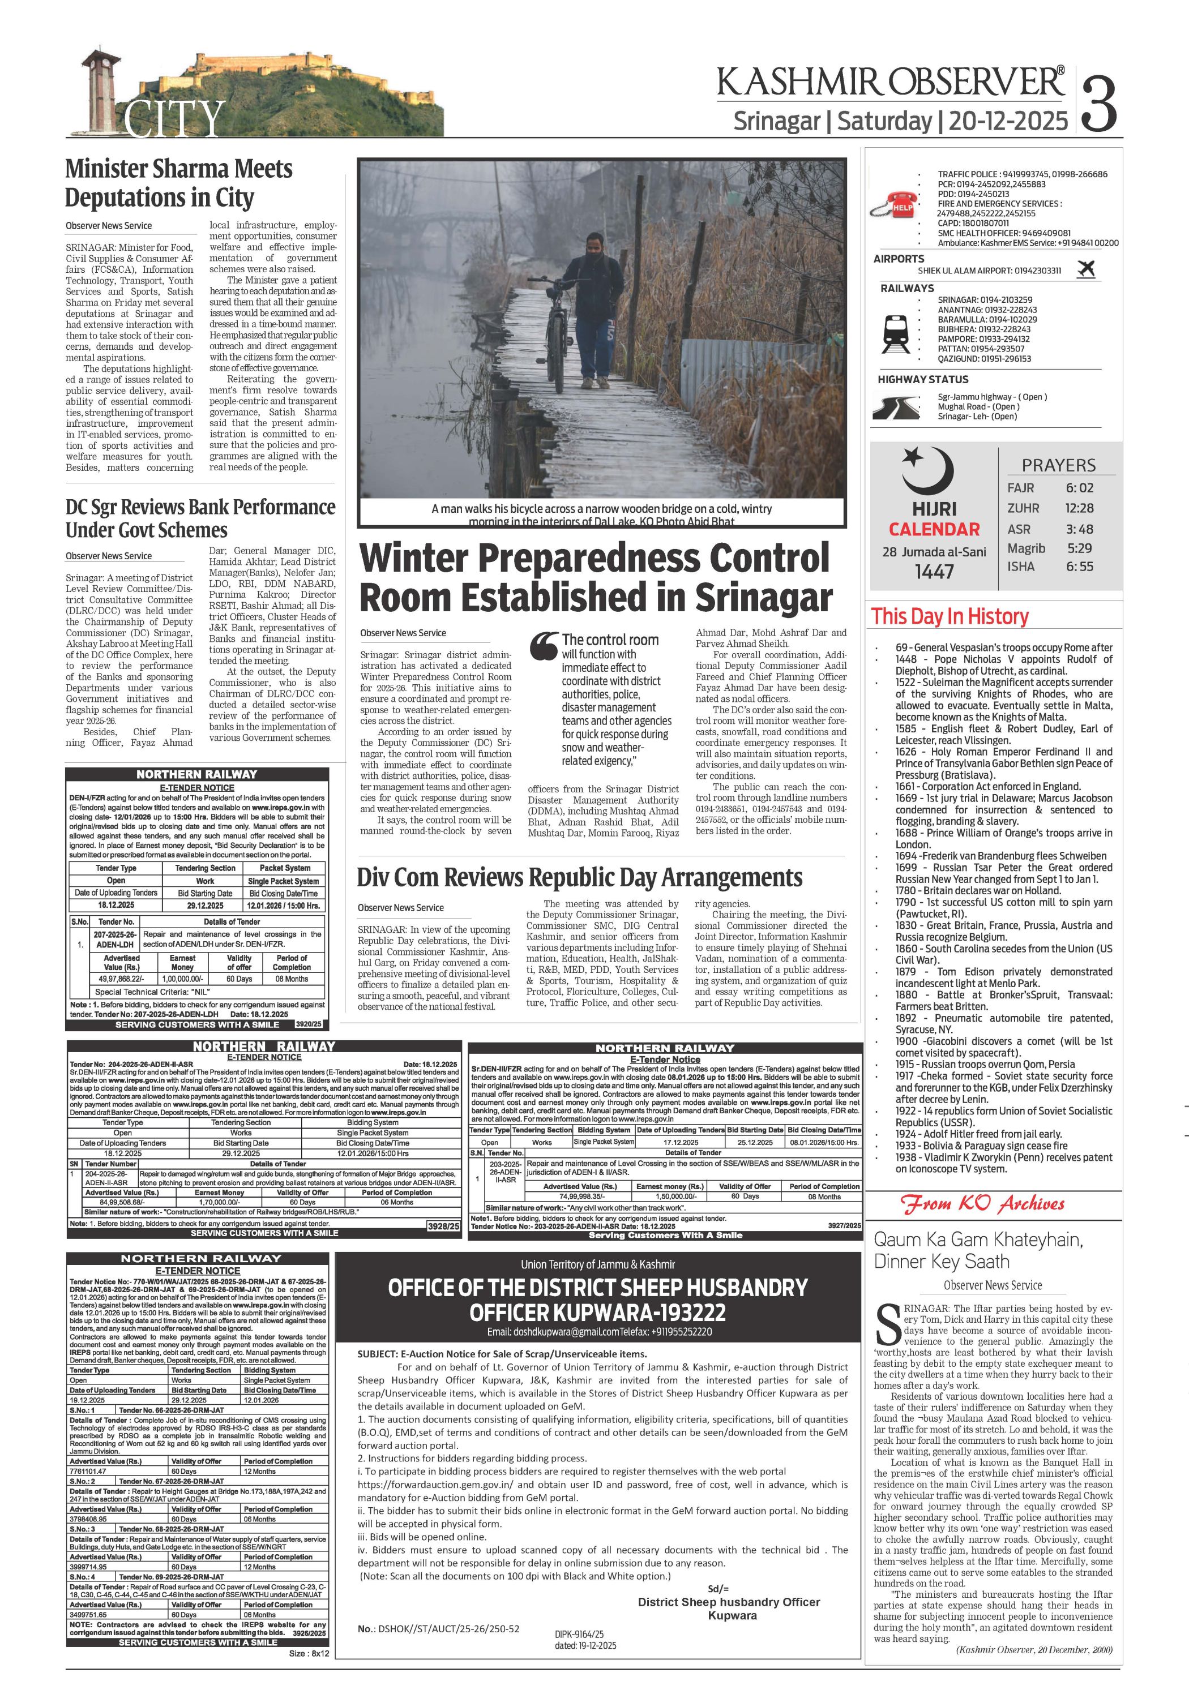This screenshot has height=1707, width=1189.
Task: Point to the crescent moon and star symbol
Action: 926,471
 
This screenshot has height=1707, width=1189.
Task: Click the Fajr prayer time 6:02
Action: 1079,488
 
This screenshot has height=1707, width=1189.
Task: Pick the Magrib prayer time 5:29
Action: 1079,548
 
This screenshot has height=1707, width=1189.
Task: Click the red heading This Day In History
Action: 950,616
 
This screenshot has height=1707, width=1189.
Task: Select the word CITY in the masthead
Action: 175,119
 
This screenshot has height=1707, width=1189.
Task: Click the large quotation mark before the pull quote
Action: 544,646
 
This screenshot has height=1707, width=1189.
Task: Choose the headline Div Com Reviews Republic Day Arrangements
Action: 579,877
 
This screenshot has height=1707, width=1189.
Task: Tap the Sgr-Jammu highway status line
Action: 991,397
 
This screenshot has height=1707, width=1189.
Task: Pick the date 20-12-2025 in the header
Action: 1008,121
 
